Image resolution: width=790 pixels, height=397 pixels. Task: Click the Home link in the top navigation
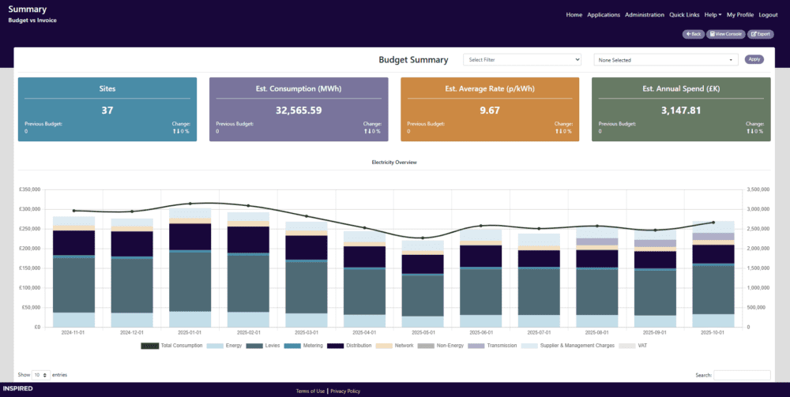pos(574,15)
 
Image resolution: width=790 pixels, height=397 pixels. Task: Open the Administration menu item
pos(644,15)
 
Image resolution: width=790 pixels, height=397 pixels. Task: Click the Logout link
pos(768,15)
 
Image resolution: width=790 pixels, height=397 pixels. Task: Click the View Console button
pos(725,34)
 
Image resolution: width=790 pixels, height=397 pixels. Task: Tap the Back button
pos(693,34)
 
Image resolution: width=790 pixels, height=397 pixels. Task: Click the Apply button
pos(754,59)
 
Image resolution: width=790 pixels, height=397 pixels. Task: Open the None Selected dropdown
pos(665,59)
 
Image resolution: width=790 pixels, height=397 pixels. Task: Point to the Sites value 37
pos(107,110)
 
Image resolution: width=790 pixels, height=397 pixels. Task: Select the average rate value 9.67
pos(490,110)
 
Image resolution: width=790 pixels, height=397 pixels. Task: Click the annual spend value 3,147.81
pos(681,110)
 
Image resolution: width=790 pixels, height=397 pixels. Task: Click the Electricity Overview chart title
pos(394,162)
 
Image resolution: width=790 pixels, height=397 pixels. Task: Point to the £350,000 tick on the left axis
pos(29,189)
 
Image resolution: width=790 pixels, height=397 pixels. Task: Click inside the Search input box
pos(742,375)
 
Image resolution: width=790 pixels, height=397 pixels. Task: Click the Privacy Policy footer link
pos(345,391)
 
